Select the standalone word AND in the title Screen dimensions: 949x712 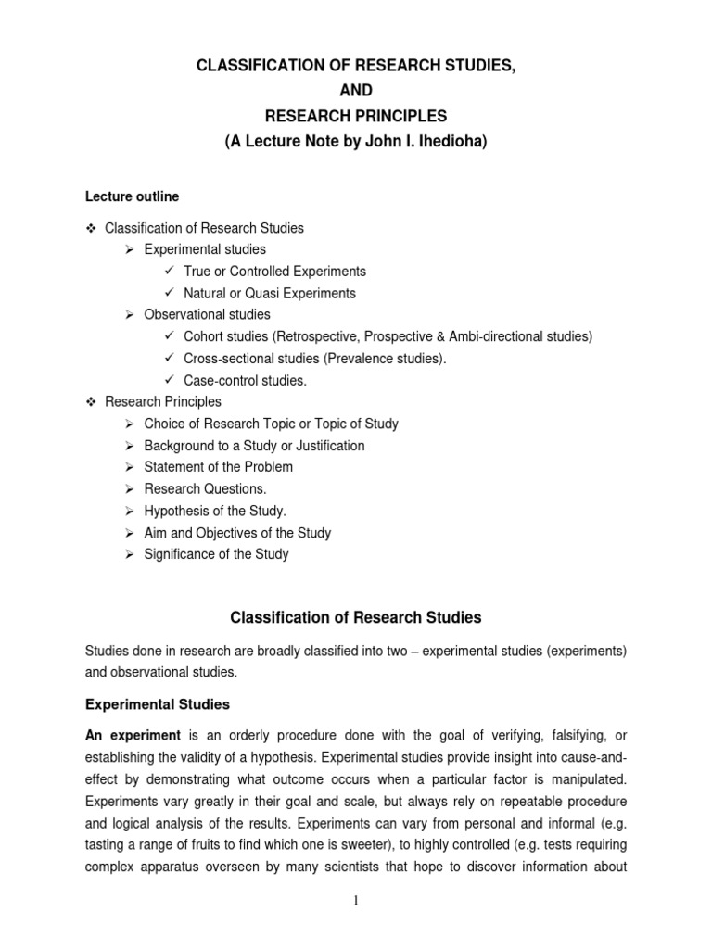[356, 90]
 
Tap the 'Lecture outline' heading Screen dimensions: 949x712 [133, 196]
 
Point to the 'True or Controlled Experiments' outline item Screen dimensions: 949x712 [274, 272]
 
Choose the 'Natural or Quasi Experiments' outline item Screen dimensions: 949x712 [269, 293]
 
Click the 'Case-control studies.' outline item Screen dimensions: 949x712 [245, 380]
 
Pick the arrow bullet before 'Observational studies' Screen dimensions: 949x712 [131, 315]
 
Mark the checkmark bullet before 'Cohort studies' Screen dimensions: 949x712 [169, 336]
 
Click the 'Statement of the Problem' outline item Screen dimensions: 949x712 [218, 467]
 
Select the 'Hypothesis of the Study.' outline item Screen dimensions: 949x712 [215, 511]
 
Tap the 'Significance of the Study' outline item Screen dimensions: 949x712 [216, 554]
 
